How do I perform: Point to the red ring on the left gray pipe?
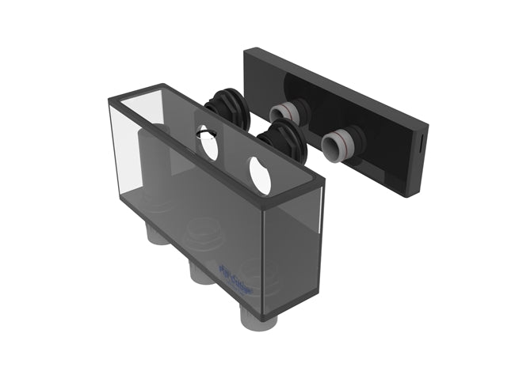coord(286,112)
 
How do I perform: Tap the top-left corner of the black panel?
coord(246,50)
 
